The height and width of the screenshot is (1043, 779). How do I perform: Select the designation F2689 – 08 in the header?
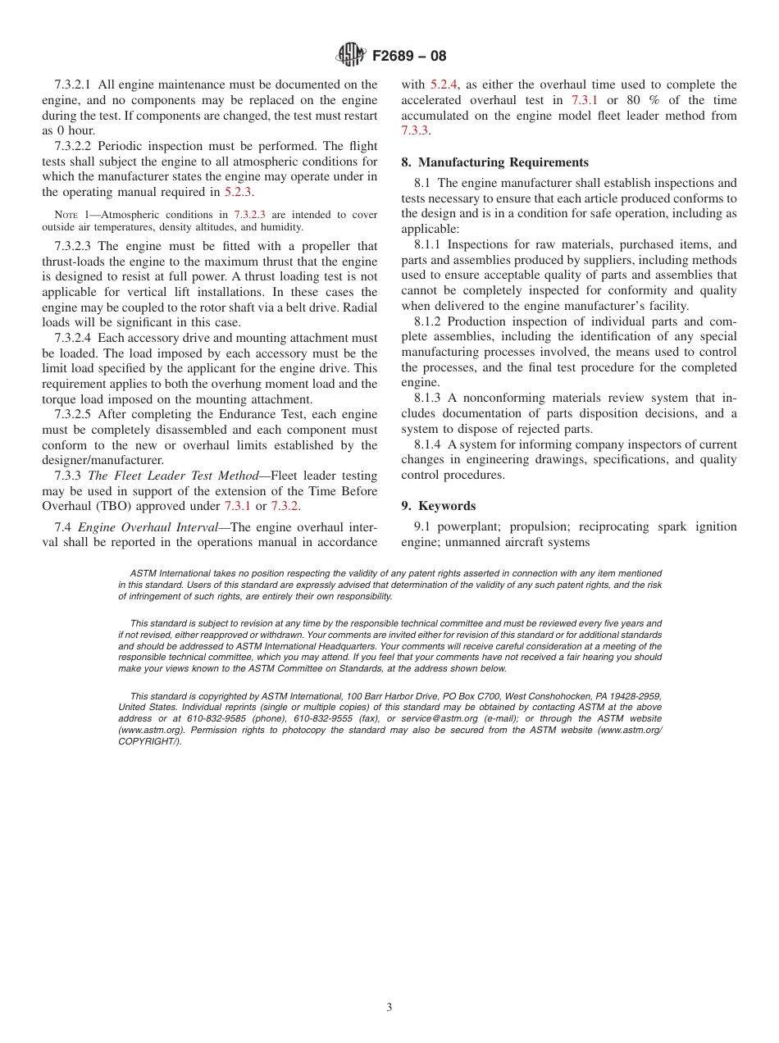(x=409, y=57)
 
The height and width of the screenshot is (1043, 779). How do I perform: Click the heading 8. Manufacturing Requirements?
(x=494, y=162)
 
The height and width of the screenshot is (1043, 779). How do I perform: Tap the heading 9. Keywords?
(x=438, y=506)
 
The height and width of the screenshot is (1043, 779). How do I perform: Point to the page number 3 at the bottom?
(x=389, y=1008)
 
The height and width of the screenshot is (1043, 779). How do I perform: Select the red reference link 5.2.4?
(x=444, y=84)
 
